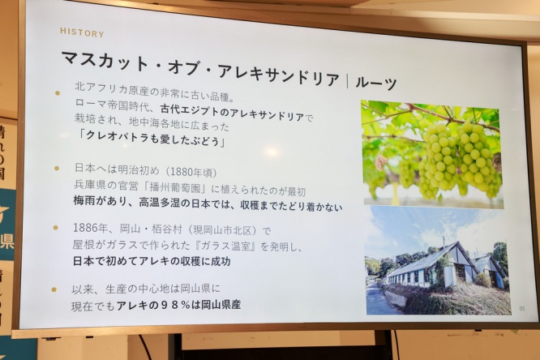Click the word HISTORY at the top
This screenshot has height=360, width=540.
coord(82,32)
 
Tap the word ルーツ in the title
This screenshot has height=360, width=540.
coord(376,83)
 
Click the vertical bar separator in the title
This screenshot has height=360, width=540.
coord(347,80)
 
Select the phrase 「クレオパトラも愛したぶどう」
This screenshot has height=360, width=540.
coord(152,139)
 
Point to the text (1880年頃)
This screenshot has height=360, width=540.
coord(191,172)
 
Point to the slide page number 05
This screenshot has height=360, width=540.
coord(522,309)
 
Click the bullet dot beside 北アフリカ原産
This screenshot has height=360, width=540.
coord(58,93)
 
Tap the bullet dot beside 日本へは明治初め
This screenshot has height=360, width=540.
coord(57,169)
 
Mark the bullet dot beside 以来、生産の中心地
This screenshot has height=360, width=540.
coord(54,289)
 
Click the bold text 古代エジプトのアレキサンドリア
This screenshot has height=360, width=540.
coord(232,114)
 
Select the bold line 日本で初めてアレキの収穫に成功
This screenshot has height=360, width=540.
coord(152,261)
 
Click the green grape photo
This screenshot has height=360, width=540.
coord(431,153)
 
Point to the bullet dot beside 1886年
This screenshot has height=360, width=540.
coord(55,228)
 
